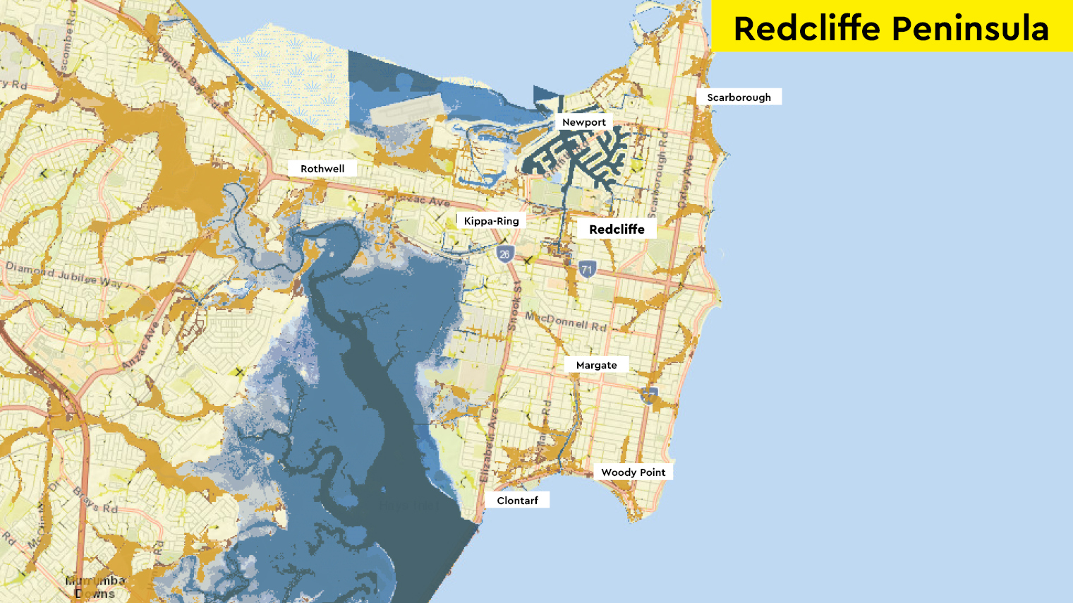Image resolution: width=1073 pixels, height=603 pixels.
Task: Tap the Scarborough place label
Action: [739, 97]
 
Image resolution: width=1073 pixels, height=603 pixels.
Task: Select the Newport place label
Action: [583, 122]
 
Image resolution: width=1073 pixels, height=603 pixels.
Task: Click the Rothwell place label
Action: [322, 169]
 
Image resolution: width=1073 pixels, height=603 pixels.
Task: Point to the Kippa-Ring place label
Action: [491, 221]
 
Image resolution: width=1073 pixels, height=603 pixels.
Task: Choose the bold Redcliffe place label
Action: [617, 229]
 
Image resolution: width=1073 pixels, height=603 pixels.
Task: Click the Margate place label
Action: [596, 365]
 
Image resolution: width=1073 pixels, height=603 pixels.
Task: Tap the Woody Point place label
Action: [633, 472]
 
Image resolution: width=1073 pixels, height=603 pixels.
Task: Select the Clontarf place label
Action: [517, 501]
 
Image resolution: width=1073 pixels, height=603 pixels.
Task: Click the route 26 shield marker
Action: [504, 254]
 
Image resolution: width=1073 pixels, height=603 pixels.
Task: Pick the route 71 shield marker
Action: [587, 269]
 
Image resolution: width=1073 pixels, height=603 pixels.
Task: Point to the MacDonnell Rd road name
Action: [566, 321]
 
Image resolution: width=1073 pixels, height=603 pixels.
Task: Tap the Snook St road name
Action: [515, 307]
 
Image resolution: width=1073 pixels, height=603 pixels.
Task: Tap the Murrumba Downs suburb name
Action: [95, 587]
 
